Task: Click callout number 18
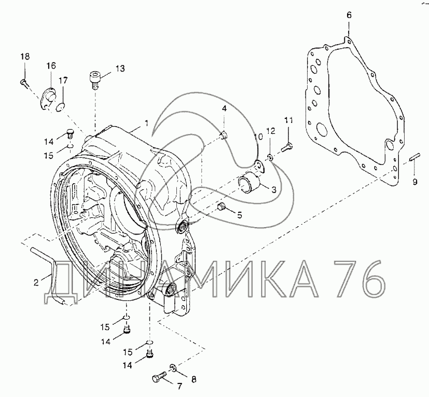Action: click(25, 57)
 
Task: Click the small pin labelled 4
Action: click(224, 135)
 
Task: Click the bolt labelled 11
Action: click(287, 146)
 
